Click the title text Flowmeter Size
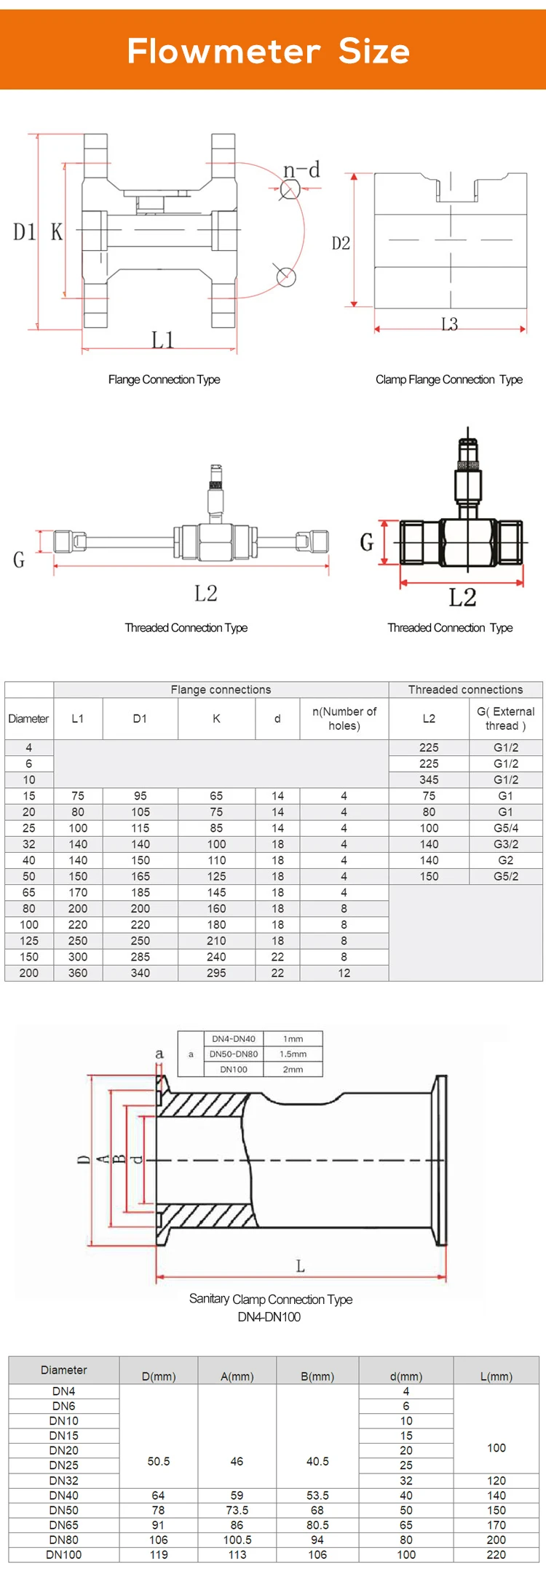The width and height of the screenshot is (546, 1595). (x=269, y=51)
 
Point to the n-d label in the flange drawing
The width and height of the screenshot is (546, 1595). (x=301, y=170)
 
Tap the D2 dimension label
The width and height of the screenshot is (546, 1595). (x=341, y=243)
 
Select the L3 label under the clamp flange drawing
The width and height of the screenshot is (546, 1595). (x=450, y=325)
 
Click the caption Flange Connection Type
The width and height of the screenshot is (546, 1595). (x=164, y=379)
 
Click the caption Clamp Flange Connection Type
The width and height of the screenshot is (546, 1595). (x=448, y=379)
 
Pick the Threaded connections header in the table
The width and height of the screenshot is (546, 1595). (x=465, y=689)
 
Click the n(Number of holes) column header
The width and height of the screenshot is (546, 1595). (x=344, y=718)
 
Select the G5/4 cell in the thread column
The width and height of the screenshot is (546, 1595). (x=505, y=828)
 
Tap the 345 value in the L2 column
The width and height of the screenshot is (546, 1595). (x=429, y=779)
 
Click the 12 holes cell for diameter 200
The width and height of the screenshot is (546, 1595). (x=344, y=973)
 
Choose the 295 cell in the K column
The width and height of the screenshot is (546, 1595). (x=216, y=973)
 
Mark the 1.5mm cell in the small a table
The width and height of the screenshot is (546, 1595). (x=293, y=1054)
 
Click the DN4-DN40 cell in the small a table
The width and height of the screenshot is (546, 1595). (x=233, y=1038)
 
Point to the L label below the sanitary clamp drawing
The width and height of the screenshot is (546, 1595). (x=300, y=1267)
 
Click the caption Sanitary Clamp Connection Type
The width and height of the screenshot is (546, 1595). (x=270, y=1299)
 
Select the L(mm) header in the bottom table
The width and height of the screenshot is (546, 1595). (x=496, y=1376)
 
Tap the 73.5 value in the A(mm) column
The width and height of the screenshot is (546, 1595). (x=237, y=1510)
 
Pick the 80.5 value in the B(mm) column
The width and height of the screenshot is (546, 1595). (x=317, y=1524)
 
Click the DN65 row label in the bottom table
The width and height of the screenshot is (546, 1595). (x=63, y=1524)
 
